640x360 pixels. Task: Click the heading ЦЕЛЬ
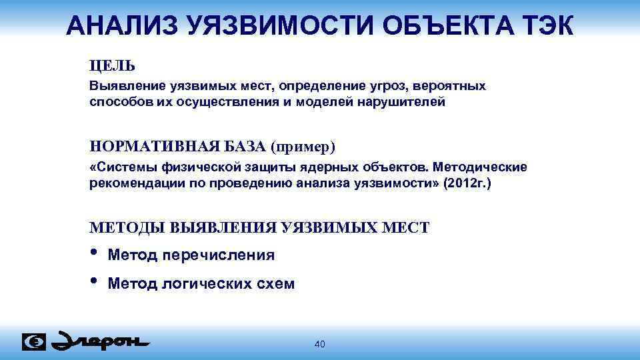point(112,66)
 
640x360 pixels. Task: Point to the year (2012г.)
point(467,183)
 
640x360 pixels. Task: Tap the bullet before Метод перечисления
point(93,253)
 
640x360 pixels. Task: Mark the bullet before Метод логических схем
point(93,281)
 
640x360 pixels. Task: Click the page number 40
point(319,344)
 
